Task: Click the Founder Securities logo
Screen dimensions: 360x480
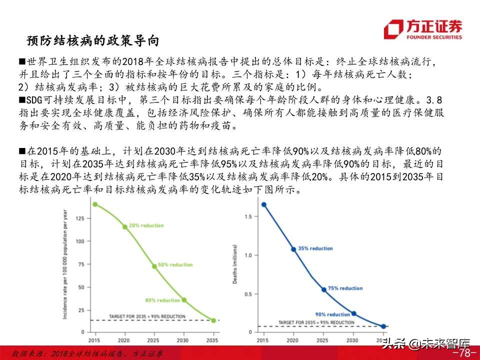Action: (423, 29)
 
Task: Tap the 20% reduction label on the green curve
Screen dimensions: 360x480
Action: (146, 225)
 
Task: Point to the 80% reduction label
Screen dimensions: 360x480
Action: (162, 300)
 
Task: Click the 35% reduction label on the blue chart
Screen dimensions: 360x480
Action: (315, 248)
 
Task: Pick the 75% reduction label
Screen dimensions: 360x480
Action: (345, 288)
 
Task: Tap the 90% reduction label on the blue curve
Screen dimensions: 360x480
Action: (332, 314)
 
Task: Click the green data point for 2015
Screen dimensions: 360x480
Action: (95, 204)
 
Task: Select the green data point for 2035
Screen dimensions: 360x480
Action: (213, 320)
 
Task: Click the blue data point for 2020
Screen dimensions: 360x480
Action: (293, 249)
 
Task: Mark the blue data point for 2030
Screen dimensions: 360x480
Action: (354, 313)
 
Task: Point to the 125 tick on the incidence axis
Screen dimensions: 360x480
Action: (80, 218)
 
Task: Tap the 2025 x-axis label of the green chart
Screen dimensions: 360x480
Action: (154, 340)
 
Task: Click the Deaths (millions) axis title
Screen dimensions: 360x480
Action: (235, 265)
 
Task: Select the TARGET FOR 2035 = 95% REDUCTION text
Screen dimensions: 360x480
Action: (316, 322)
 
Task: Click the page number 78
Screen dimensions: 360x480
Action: (464, 353)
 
